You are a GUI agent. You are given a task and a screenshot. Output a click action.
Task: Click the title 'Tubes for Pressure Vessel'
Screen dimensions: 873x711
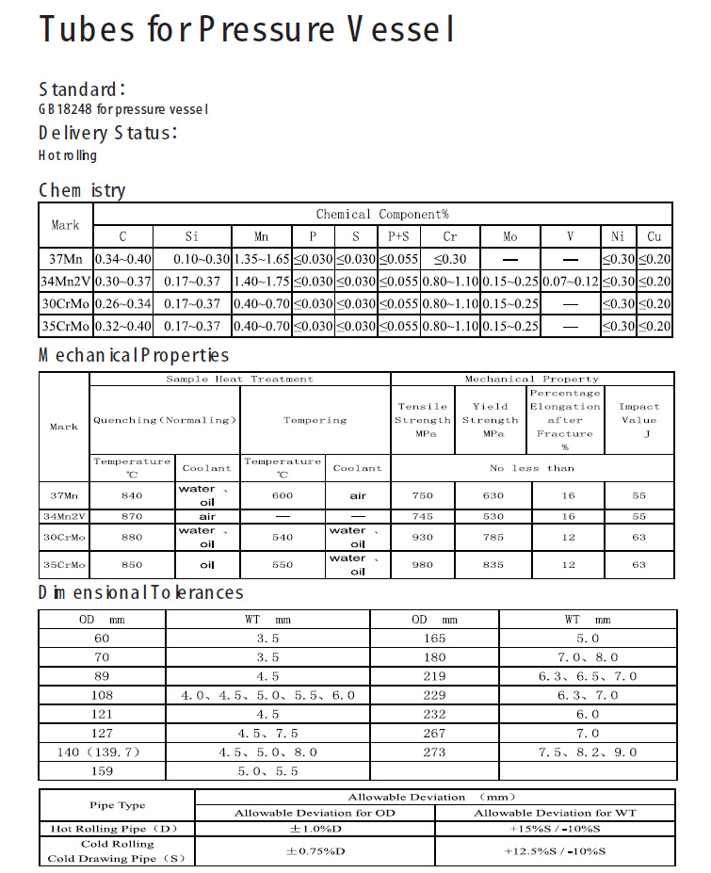coord(248,30)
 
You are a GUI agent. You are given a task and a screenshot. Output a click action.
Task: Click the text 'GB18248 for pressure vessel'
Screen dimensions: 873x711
coord(123,109)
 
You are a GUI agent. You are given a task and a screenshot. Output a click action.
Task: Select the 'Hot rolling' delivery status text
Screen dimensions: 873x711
coord(68,155)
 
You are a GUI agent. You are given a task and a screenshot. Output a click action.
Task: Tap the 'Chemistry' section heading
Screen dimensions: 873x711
coord(82,190)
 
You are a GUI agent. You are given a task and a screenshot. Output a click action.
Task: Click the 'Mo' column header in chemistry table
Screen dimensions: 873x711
coord(509,236)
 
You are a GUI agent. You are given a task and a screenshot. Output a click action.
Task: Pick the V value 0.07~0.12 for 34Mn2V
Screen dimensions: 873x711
coord(571,282)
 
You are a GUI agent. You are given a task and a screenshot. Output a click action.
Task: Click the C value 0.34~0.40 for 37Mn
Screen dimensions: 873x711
coord(122,259)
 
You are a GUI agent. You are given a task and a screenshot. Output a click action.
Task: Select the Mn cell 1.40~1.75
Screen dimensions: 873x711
coord(261,282)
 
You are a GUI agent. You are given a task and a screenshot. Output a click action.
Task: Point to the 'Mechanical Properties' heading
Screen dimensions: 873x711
coord(134,355)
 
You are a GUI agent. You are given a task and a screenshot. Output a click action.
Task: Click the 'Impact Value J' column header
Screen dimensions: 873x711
coord(638,420)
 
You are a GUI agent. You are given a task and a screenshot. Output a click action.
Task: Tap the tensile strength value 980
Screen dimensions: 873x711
coord(423,565)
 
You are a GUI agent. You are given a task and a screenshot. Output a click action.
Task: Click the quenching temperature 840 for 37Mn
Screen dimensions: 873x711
coord(132,495)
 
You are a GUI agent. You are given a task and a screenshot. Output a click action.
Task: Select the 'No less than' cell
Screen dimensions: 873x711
coord(532,468)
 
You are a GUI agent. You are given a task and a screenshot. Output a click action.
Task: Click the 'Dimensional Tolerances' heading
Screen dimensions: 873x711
coord(141,592)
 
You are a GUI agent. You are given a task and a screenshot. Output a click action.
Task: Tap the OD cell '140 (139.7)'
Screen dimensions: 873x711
coord(102,752)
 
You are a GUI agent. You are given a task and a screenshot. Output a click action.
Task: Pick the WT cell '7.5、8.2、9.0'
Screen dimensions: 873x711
coord(588,752)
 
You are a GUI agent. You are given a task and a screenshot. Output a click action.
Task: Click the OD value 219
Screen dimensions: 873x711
coord(434,676)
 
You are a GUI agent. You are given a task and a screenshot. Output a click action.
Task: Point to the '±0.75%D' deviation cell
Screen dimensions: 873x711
coord(315,851)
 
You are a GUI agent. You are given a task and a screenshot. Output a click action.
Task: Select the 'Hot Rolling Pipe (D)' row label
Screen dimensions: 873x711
coord(116,829)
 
